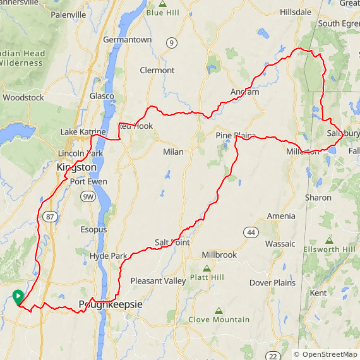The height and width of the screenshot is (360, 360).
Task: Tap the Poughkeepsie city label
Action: click(x=111, y=305)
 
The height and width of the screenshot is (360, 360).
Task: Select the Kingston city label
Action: click(x=77, y=167)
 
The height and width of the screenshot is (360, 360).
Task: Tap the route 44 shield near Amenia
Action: click(x=251, y=232)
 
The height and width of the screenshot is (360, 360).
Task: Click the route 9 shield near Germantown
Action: click(x=171, y=42)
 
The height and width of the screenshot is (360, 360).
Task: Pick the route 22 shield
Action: click(x=272, y=356)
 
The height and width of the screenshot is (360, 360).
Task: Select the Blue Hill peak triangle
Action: click(x=163, y=4)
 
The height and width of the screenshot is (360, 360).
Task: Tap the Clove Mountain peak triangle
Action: click(x=219, y=311)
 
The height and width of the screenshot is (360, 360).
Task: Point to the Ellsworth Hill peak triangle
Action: click(x=329, y=241)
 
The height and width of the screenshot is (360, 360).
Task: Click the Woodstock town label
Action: click(x=23, y=98)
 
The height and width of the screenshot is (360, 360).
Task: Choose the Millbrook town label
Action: click(x=219, y=255)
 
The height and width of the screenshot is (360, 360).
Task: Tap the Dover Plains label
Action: click(x=272, y=283)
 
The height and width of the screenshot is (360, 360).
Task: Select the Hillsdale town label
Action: click(x=296, y=12)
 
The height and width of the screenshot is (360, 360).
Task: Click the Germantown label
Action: click(x=128, y=39)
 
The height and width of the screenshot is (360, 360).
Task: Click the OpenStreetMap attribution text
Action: click(x=326, y=354)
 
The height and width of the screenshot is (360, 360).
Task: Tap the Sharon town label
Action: click(x=318, y=198)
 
